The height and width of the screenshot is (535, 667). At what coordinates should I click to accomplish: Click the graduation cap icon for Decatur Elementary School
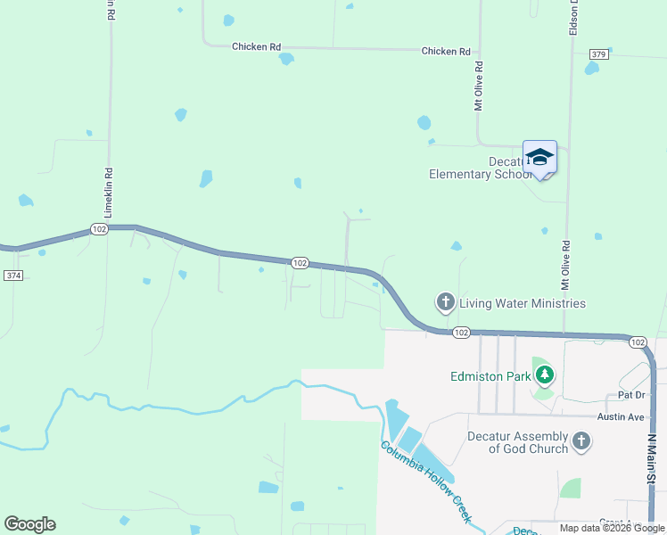pos(539,158)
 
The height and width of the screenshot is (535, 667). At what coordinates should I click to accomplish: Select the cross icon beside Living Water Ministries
pos(445,302)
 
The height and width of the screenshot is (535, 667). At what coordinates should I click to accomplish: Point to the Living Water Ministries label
pos(523,303)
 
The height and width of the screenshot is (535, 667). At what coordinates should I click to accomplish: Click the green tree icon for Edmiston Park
pos(543,375)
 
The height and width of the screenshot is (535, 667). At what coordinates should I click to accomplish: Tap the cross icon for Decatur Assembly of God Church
pos(581,440)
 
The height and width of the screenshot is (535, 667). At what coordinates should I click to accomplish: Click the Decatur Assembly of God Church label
pos(518,442)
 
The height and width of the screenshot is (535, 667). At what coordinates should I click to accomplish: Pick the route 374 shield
pos(13,276)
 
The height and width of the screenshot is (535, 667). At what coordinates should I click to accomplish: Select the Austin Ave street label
pos(621,416)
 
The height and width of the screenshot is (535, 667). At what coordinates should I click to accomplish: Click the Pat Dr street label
pos(630,394)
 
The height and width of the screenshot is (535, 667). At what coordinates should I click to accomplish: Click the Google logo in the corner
pos(29,524)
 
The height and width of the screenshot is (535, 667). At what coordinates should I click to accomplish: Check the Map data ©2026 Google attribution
pos(612,528)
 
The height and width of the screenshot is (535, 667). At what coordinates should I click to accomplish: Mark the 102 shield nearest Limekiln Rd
pos(99,229)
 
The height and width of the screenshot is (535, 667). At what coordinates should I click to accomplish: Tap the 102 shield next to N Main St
pos(638,342)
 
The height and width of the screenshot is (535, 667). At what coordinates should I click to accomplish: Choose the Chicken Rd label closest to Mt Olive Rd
pos(446,52)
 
